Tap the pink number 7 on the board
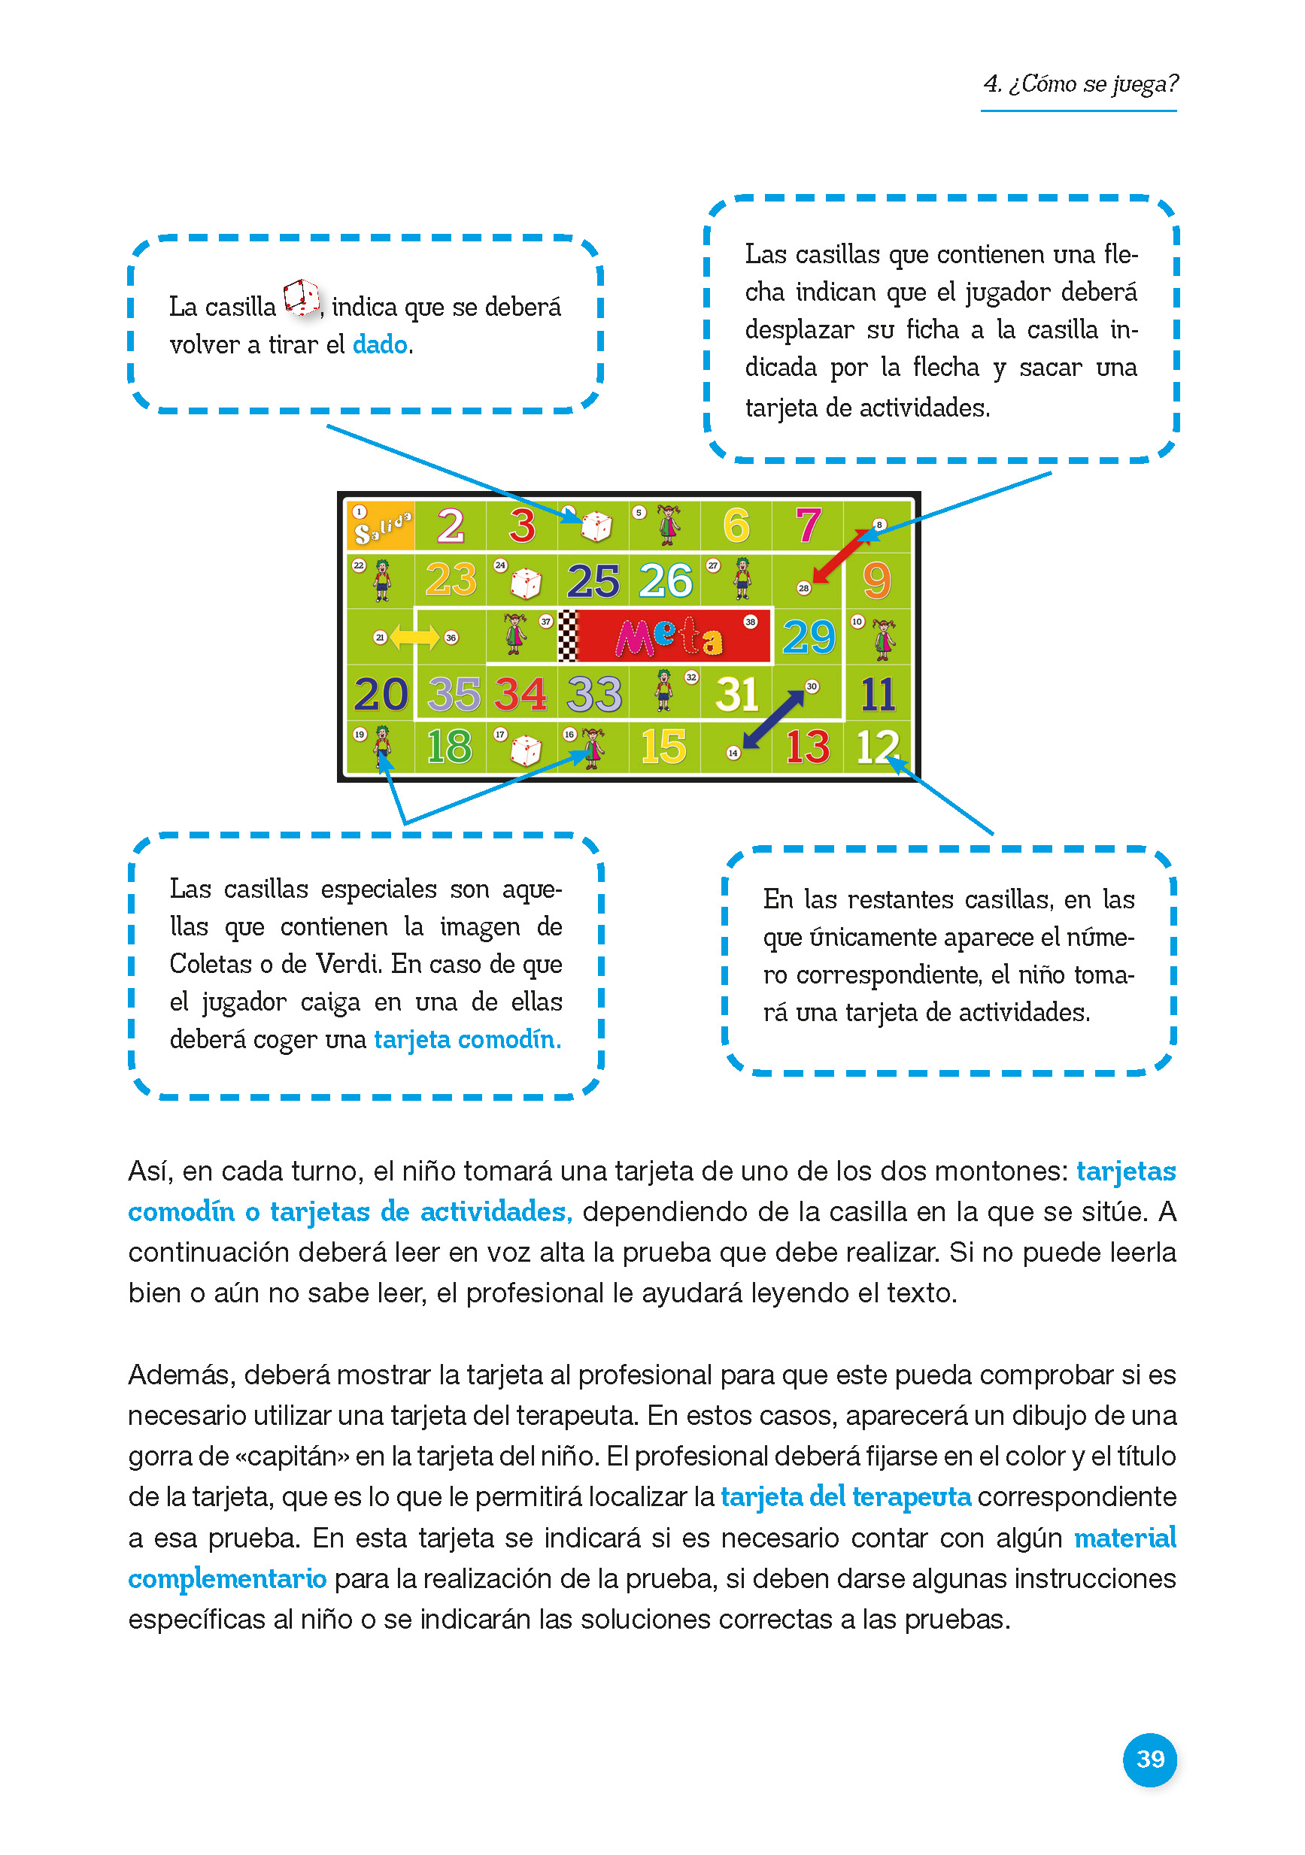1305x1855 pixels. tap(807, 525)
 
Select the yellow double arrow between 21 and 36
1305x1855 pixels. tap(414, 637)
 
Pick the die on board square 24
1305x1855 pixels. tap(525, 583)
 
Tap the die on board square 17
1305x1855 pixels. tap(525, 750)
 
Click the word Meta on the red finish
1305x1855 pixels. tap(669, 638)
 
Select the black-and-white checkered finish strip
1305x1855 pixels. tap(569, 637)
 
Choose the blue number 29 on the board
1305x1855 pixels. tap(808, 638)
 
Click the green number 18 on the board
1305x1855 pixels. tap(449, 747)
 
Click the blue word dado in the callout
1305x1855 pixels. tap(380, 345)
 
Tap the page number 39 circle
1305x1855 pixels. tap(1150, 1759)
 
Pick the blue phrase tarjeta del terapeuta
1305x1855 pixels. tap(845, 1497)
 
